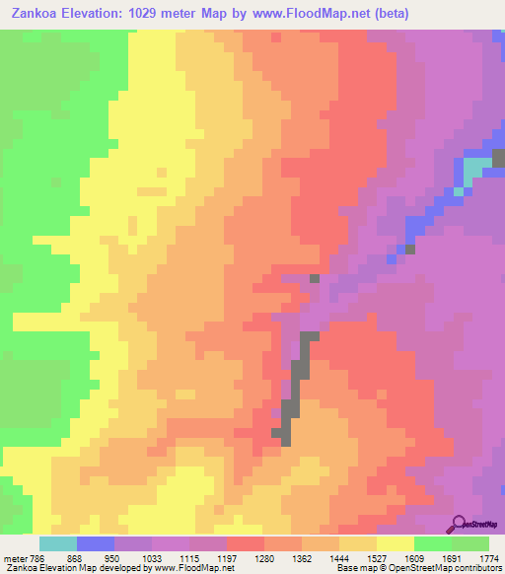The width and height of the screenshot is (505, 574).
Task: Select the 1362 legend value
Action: pos(302,558)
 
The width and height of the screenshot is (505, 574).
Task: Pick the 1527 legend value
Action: pos(377,558)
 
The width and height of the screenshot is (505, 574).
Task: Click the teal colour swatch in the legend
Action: pos(58,543)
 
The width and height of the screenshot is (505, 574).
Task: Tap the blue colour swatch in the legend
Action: pos(96,543)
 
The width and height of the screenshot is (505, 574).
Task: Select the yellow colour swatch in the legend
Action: pos(396,543)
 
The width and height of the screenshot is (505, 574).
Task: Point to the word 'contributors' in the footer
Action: pos(476,569)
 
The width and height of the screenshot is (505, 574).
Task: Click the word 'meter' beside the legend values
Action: pos(14,558)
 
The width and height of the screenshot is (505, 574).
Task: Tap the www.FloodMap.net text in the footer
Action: pos(192,569)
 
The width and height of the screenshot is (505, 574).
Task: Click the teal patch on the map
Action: pos(475,169)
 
